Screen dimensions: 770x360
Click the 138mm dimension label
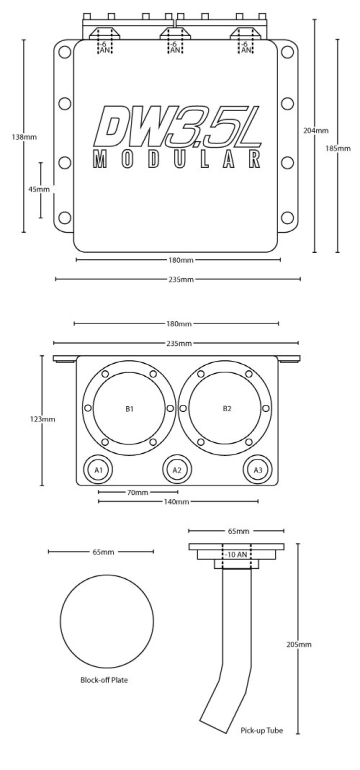point(24,136)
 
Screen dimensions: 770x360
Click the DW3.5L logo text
point(177,125)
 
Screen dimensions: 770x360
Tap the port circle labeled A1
point(99,470)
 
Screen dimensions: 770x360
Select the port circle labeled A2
point(177,470)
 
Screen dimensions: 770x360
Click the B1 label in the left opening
point(129,409)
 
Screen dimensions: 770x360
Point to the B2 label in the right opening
point(227,409)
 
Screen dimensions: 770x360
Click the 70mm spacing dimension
point(138,492)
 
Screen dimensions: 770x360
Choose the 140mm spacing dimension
point(178,501)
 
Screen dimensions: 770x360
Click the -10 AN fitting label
point(236,554)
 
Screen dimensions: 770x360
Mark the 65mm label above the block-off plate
point(102,552)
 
